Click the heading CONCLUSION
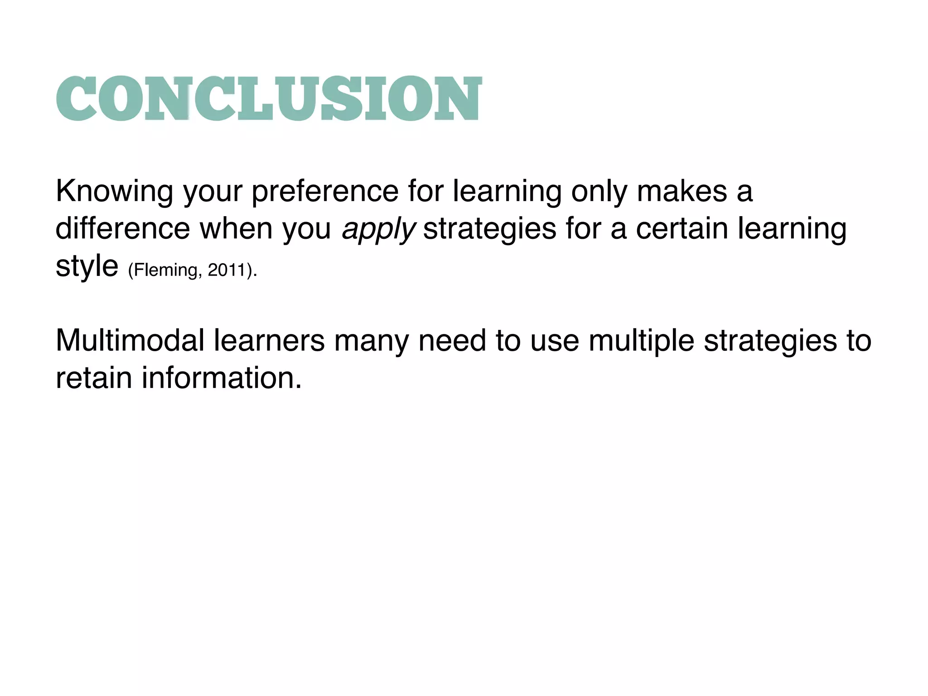(269, 98)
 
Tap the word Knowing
(114, 191)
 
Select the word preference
(325, 191)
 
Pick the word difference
(123, 228)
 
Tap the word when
(237, 228)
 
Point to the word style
(87, 266)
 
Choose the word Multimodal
(130, 340)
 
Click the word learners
(269, 340)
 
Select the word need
(452, 340)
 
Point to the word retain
(94, 377)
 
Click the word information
(222, 377)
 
